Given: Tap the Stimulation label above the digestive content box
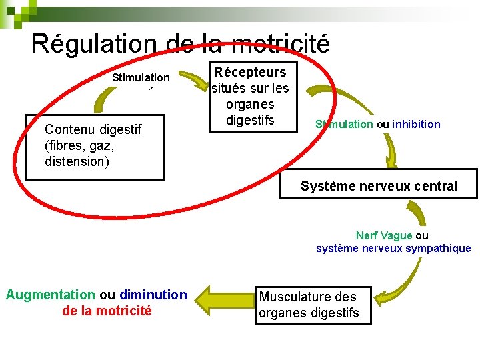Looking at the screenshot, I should pos(141,78).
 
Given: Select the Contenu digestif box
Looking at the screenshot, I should pos(95,150).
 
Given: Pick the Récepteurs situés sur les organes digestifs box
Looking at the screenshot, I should pos(250,96).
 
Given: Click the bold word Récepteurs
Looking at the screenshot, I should pos(250,72).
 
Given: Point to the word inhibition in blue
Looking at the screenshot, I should pos(416,124).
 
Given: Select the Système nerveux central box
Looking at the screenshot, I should pos(379,186).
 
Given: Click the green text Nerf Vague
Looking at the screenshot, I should pos(384,236).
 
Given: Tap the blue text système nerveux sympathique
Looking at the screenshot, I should pos(393,249).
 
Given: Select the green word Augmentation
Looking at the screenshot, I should pos(50,295).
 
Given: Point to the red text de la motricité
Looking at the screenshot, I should pos(107,311).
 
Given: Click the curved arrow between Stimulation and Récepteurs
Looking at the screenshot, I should pos(194,80).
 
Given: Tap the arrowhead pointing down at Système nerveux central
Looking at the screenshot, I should pos(390,160).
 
